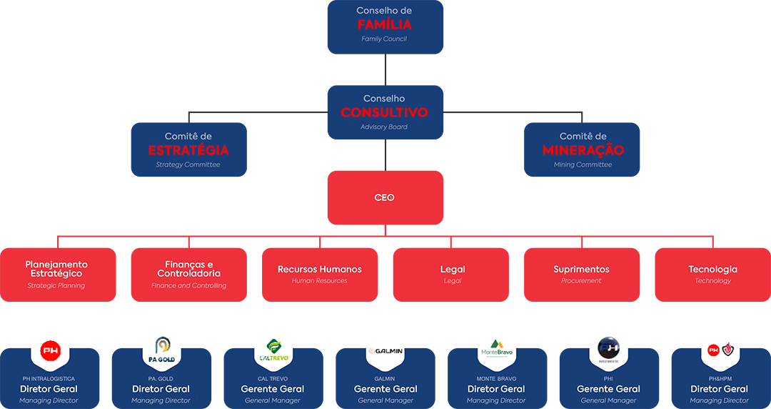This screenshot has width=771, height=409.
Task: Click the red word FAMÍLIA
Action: (x=384, y=25)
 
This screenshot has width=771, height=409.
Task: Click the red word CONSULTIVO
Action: (x=384, y=113)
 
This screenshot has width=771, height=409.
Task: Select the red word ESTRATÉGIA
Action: (x=188, y=150)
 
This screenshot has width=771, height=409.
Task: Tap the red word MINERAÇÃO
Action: (x=583, y=150)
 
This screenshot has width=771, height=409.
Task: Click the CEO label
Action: (x=384, y=198)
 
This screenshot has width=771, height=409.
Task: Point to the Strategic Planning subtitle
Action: (x=56, y=286)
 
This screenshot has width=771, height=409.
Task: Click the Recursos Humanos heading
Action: (x=319, y=270)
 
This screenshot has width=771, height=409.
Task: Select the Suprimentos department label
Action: (x=581, y=270)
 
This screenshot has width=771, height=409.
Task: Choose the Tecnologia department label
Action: (x=712, y=270)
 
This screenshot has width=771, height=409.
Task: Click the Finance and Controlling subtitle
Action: (x=188, y=286)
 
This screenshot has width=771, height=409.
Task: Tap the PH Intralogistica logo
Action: (x=50, y=350)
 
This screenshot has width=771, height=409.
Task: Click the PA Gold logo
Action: (x=161, y=350)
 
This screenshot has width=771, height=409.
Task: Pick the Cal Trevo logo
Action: (x=273, y=350)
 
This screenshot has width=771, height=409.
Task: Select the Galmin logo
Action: (x=385, y=350)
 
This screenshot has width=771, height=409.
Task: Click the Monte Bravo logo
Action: (x=497, y=350)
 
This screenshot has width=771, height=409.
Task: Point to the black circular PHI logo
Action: (x=609, y=350)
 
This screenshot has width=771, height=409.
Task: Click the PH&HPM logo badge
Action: (x=720, y=350)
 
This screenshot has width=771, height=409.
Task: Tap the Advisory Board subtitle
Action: (x=384, y=127)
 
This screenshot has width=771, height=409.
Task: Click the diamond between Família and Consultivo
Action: (x=385, y=69)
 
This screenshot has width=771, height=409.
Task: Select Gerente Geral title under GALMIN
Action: (x=385, y=389)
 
